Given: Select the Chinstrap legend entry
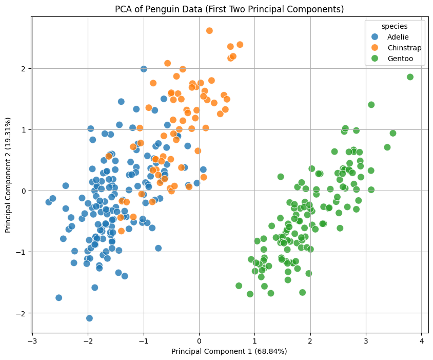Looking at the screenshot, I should [x=404, y=48].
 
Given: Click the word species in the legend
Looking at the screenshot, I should [x=394, y=25].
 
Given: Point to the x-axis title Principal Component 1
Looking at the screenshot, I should [x=229, y=351].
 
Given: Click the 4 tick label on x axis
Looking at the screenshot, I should [x=421, y=340].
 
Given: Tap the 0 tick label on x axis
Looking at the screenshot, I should [x=199, y=340].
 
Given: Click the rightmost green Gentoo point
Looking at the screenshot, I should [x=410, y=77].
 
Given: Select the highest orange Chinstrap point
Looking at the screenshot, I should [x=209, y=31].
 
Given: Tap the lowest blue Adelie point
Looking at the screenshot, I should [x=89, y=318].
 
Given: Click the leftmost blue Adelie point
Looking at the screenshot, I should [x=49, y=202].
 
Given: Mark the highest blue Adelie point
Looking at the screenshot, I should [x=144, y=69].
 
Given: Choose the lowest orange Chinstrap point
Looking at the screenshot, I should [x=121, y=231].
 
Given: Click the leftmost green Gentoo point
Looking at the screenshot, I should [x=239, y=286].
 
